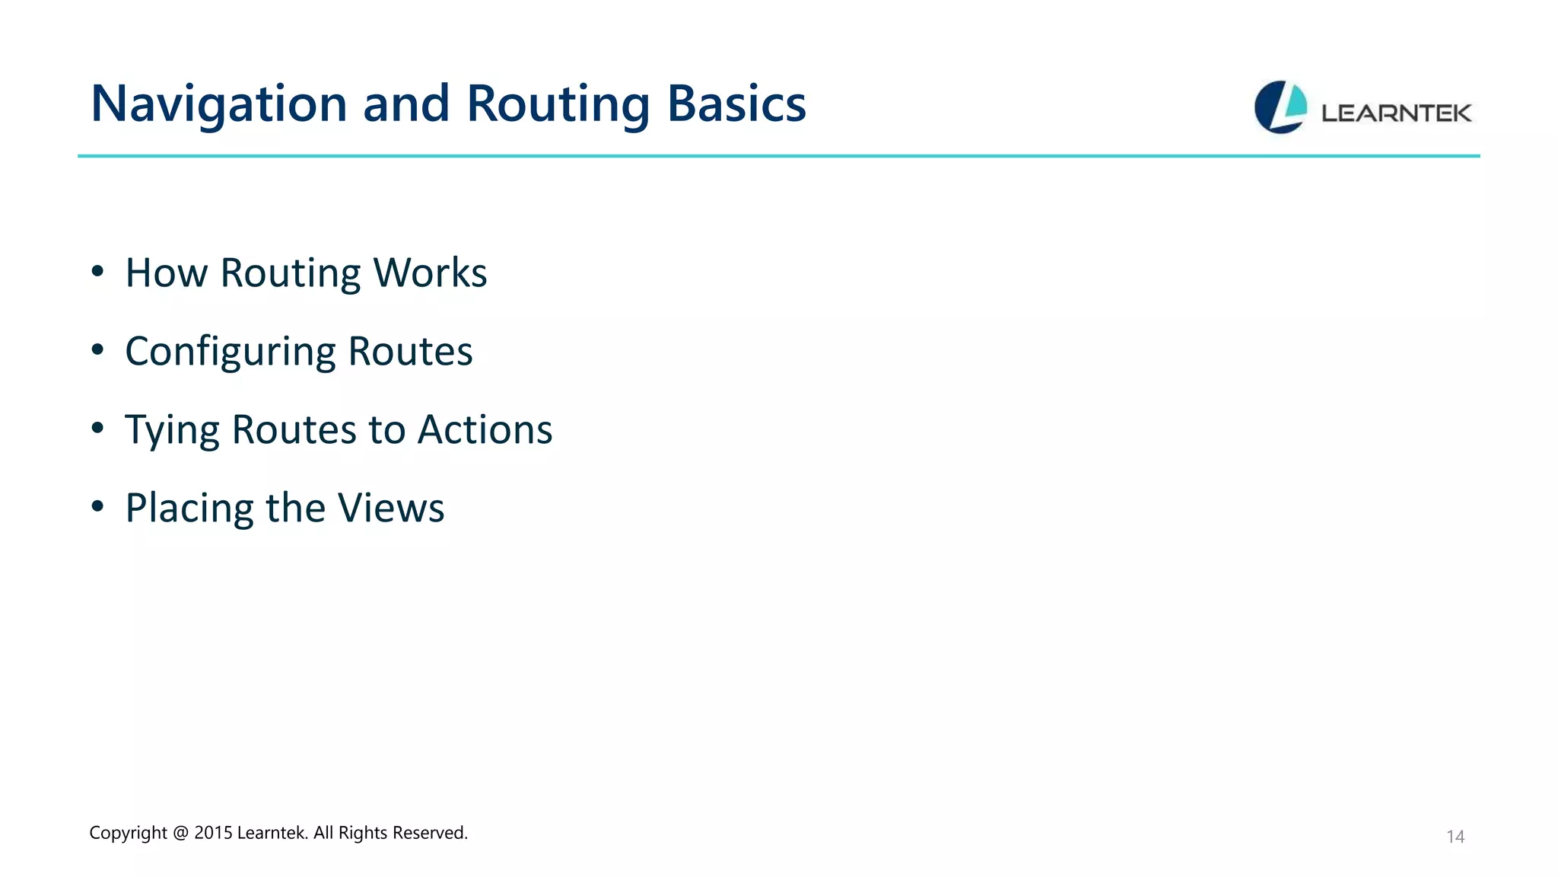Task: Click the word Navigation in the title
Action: pos(219,104)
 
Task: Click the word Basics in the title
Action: pos(736,104)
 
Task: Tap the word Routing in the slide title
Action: pos(558,104)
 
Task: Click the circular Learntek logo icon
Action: pos(1280,107)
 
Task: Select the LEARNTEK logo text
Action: pos(1396,113)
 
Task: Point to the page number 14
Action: pos(1455,837)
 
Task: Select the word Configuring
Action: pos(230,352)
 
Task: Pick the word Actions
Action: pos(485,429)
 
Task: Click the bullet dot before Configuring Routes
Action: pos(97,350)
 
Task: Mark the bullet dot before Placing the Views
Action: pos(97,506)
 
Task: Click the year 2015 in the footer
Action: pos(212,833)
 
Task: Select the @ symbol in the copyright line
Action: pos(180,833)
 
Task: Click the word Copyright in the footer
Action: pos(128,833)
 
